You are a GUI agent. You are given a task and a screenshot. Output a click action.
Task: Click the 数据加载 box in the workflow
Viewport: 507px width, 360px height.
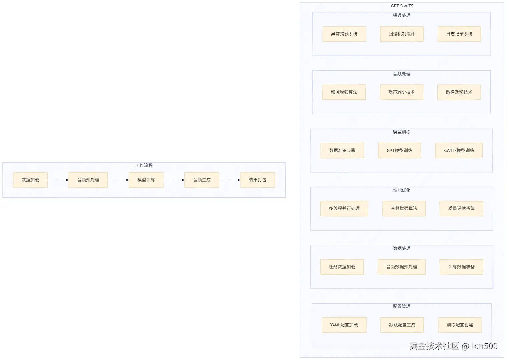tap(30, 180)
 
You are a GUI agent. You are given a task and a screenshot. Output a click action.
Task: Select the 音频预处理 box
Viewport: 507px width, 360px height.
tap(88, 180)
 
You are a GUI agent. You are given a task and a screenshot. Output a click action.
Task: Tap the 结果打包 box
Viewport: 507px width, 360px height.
tap(258, 180)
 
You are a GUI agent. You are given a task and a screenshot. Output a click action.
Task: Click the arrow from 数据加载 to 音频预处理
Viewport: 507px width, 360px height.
tap(58, 180)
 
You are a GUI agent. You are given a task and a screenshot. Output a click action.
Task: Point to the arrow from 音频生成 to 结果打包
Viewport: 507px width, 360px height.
tap(230, 180)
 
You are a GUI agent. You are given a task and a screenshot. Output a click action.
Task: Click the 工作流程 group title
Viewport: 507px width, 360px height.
tap(144, 166)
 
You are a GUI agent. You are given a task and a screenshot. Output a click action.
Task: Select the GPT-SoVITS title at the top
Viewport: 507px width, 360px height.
tap(402, 6)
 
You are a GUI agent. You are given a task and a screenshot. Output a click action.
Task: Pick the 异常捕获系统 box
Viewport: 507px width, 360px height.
tap(344, 34)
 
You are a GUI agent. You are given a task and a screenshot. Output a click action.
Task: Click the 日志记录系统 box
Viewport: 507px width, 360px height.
tap(459, 34)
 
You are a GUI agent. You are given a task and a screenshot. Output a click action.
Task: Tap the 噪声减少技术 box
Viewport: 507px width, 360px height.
tap(401, 92)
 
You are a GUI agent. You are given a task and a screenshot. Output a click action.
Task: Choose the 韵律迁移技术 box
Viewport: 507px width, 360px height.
tap(459, 92)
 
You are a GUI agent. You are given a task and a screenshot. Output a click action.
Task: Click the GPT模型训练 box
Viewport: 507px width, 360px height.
tap(400, 150)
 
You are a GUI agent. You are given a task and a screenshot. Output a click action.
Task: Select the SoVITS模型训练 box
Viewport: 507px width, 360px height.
tap(459, 150)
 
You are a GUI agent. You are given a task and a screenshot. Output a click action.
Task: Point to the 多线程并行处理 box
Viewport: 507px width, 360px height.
tap(344, 208)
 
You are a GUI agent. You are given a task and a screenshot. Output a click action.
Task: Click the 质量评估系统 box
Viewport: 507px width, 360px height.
tap(461, 208)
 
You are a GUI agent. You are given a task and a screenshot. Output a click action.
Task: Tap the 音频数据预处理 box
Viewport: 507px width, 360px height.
tap(402, 267)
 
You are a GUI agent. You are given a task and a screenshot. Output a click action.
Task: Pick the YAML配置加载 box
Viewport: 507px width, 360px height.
tap(344, 325)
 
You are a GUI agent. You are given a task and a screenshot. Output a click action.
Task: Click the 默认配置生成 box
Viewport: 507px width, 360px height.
tap(402, 325)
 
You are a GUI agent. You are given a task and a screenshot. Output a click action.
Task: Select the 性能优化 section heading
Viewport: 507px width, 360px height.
tap(402, 190)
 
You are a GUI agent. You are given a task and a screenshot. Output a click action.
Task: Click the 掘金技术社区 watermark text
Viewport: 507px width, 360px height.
tap(434, 346)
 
